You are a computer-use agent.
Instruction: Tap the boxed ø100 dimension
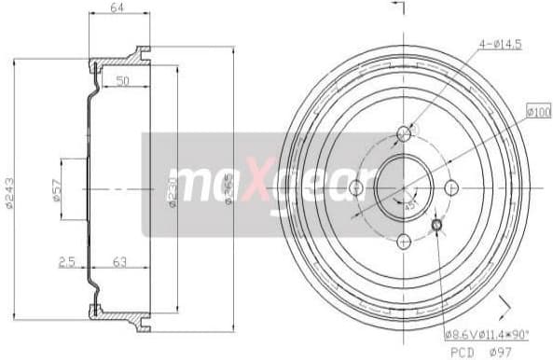540,113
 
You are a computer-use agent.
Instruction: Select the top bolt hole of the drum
404,134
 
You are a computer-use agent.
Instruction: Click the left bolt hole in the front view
355,187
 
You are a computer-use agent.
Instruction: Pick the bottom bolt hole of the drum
404,241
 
